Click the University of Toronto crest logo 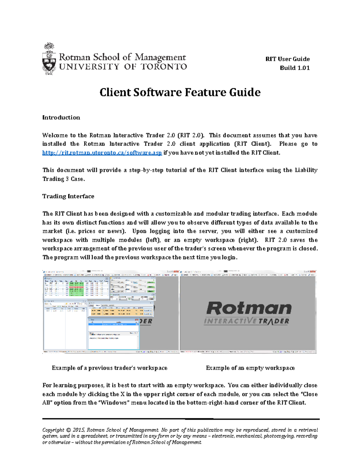tap(49, 59)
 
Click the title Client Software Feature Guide tap(180, 92)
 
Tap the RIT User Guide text tap(287, 59)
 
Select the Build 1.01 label tap(295, 68)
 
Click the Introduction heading tap(61, 118)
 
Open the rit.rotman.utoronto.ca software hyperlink tap(102, 153)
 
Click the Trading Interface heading tap(68, 196)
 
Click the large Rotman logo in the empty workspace tap(249, 308)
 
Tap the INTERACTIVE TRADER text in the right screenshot tap(247, 321)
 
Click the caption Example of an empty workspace tap(250, 368)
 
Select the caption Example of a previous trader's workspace tap(109, 368)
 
